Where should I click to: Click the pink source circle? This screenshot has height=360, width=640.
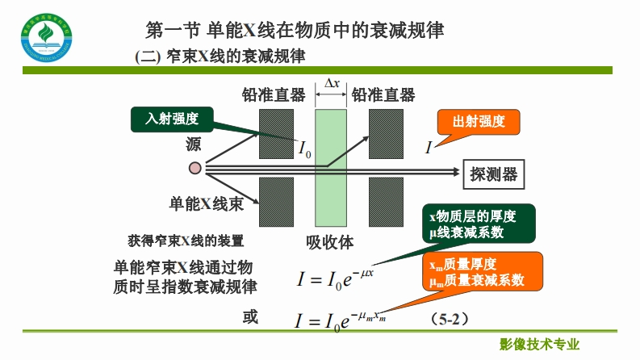(195, 169)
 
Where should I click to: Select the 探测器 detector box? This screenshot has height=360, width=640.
(493, 172)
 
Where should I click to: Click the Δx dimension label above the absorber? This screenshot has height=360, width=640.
(331, 84)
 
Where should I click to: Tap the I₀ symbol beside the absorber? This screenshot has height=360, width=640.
(304, 149)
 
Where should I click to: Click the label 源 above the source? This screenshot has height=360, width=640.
(194, 145)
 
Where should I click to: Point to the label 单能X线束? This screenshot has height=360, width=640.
(206, 204)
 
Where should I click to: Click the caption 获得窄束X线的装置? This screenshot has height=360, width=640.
(186, 241)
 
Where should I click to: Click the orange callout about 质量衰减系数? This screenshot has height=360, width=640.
(483, 272)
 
